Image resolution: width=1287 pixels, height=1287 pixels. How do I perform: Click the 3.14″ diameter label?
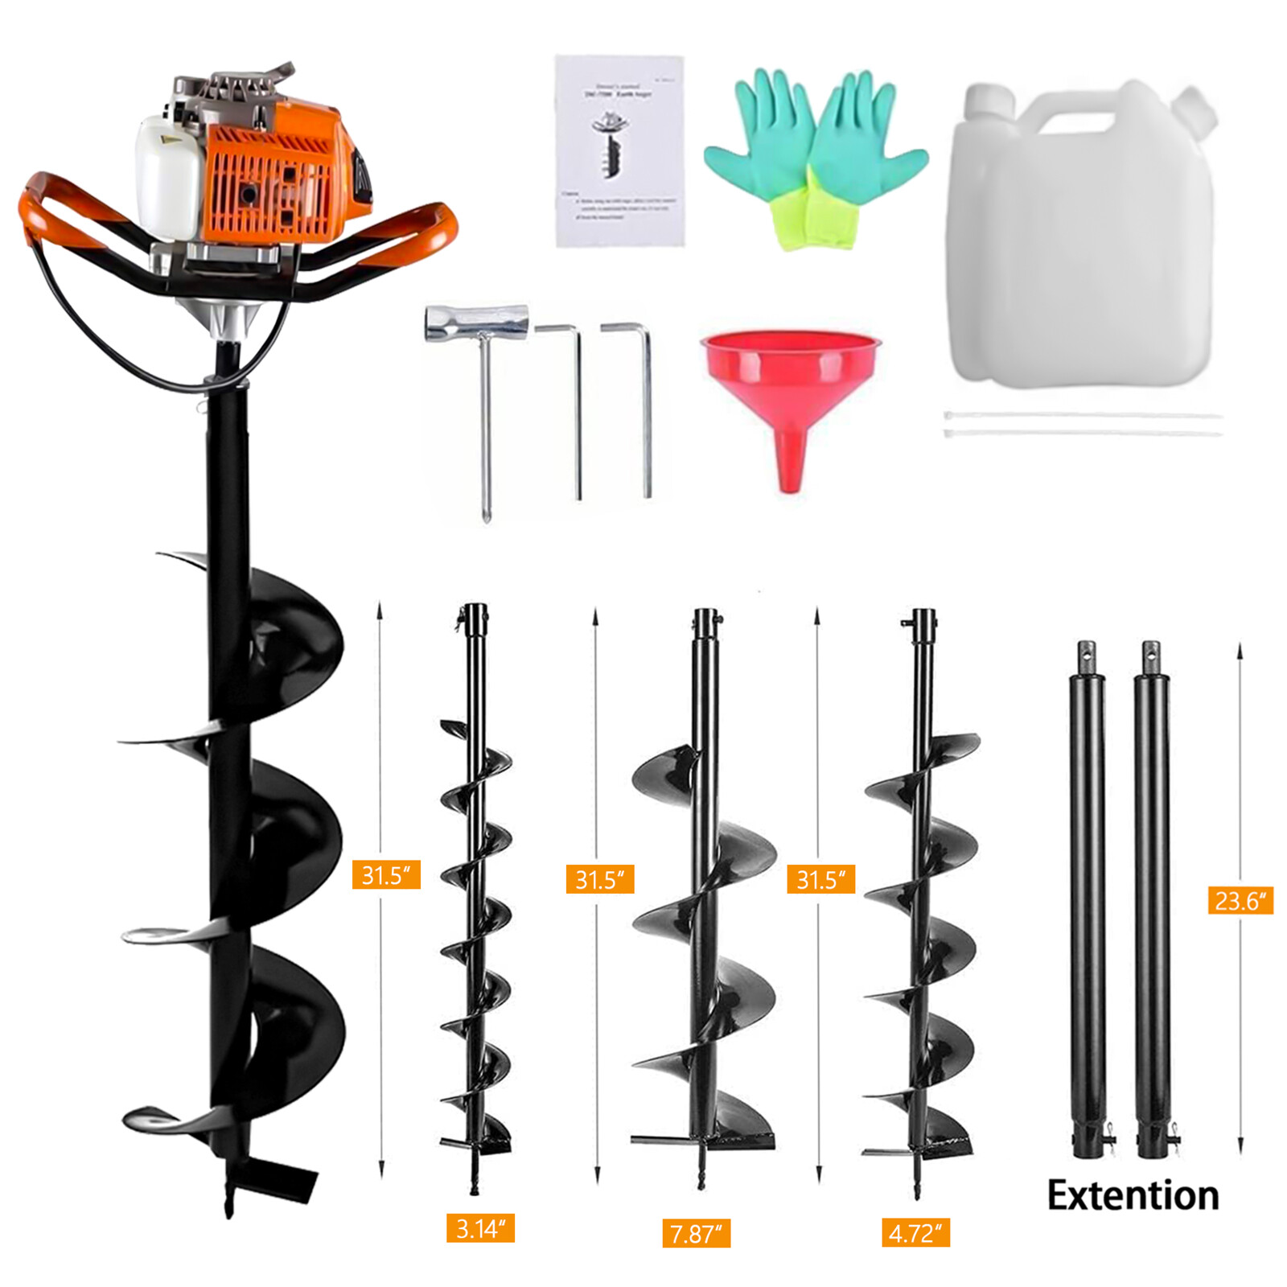coord(480,1228)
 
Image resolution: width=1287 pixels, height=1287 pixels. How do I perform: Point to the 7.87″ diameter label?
coord(696,1233)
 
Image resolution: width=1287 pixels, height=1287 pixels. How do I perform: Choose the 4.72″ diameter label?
coord(915,1233)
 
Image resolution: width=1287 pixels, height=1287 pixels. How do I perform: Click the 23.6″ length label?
coord(1240,900)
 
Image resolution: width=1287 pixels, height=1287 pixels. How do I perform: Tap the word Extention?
coord(1133,1195)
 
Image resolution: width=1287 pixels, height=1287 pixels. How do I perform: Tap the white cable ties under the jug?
coord(1082,424)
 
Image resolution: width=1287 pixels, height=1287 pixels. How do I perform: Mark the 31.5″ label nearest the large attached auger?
coord(386,874)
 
